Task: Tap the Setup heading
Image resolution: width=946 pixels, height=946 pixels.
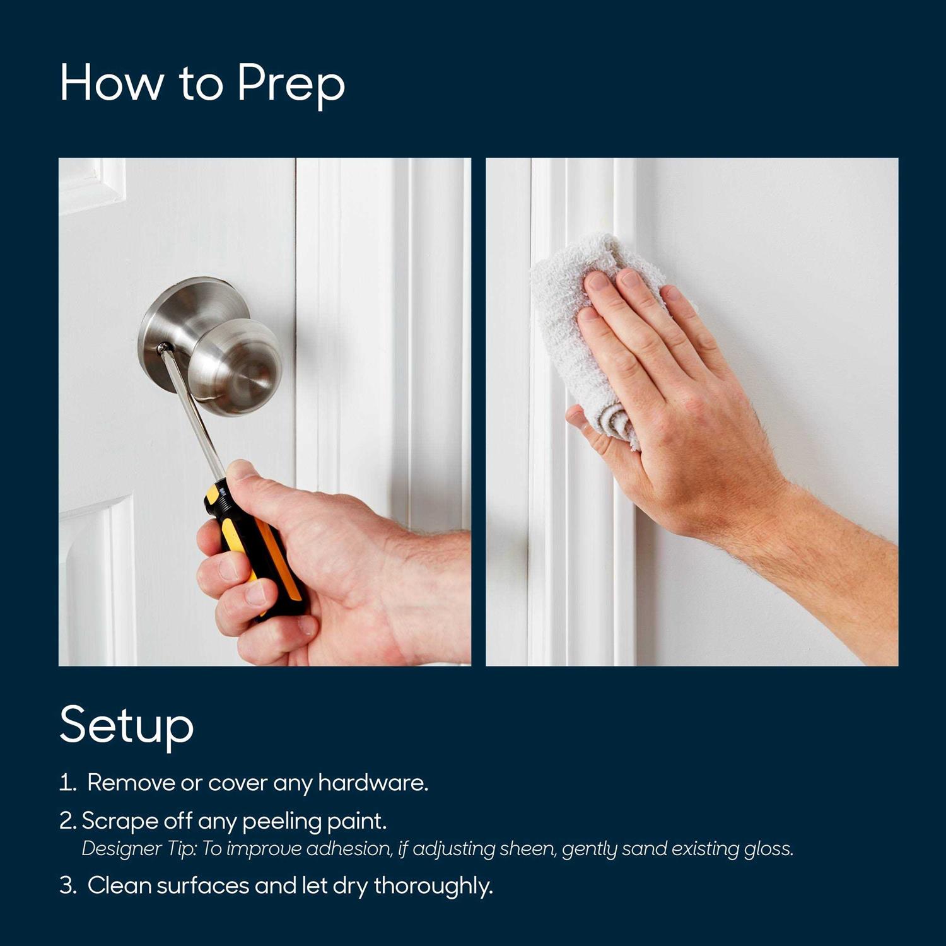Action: (126, 725)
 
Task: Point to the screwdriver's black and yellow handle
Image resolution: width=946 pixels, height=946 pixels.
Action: (259, 549)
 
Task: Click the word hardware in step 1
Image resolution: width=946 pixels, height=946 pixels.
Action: (373, 783)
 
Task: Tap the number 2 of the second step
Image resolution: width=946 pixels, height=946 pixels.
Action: (67, 821)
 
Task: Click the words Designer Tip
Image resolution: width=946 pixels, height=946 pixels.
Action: (139, 849)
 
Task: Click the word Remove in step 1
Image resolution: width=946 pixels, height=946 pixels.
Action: (131, 783)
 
